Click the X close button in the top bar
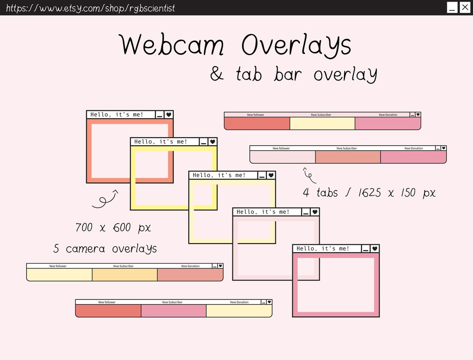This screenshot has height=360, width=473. tap(465, 7)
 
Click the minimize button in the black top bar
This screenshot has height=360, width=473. tap(452, 7)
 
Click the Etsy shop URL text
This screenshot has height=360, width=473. tap(90, 8)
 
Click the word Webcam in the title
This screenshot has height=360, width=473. tap(172, 45)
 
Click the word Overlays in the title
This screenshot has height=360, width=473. tap(296, 45)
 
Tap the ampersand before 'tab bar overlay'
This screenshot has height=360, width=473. tap(217, 73)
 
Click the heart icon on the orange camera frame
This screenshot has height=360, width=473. tap(168, 114)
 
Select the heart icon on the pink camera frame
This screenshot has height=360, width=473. tap(375, 248)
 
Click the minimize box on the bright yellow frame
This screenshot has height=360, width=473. tap(204, 142)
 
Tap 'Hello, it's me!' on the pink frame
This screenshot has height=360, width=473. tap(323, 248)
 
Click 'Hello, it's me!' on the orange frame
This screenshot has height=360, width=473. tap(117, 114)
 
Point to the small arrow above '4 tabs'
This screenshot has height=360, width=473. tap(309, 175)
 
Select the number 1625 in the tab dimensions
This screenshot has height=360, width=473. tap(370, 193)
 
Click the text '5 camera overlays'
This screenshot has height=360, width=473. tap(105, 249)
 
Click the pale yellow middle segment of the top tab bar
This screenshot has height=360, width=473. tap(322, 124)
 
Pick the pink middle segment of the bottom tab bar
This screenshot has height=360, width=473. tap(173, 311)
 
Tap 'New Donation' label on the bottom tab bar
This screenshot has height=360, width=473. tap(239, 302)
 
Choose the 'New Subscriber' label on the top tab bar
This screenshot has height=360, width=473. tap(321, 115)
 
